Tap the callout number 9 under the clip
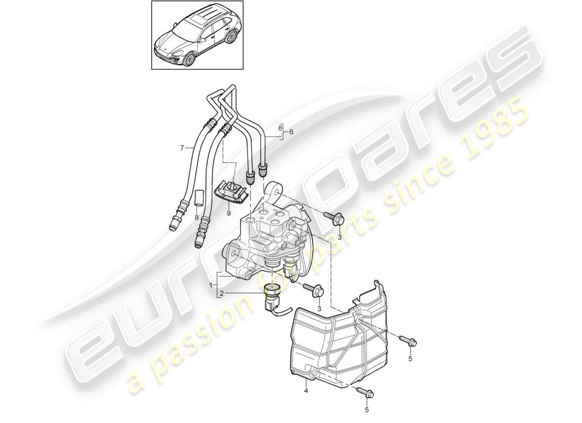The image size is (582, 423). coord(229,213)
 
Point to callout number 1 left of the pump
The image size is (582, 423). coord(211,285)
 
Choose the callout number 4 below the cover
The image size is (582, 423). coord(305,391)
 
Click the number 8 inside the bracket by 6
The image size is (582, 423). coord(281,128)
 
